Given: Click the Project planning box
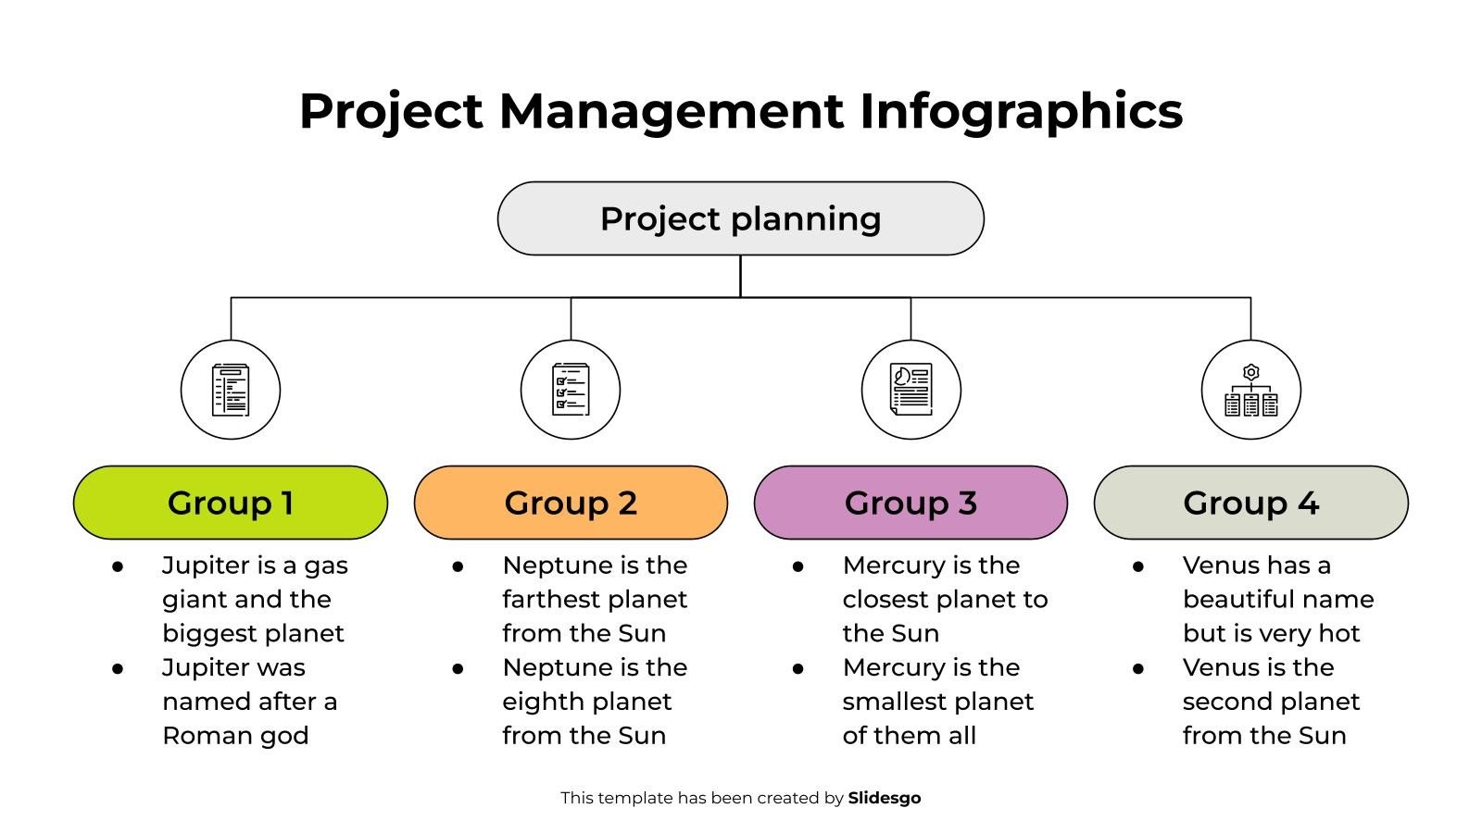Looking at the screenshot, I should pyautogui.click(x=740, y=218).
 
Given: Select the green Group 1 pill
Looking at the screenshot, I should pyautogui.click(x=230, y=503).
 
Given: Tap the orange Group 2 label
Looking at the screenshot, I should pyautogui.click(x=571, y=503).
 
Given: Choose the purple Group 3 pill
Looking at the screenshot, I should pyautogui.click(x=911, y=503).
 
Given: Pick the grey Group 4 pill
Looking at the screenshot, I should pyautogui.click(x=1250, y=503).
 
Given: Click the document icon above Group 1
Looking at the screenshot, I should pyautogui.click(x=231, y=390).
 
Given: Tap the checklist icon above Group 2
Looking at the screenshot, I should pyautogui.click(x=571, y=390).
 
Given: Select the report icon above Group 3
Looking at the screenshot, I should pyautogui.click(x=911, y=390).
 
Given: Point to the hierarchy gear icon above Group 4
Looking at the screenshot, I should pyautogui.click(x=1250, y=390).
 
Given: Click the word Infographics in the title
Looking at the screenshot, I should pyautogui.click(x=1021, y=111).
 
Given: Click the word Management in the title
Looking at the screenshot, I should pyautogui.click(x=671, y=111).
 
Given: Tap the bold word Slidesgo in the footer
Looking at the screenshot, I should pyautogui.click(x=884, y=798).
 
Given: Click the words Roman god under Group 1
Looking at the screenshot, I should pyautogui.click(x=235, y=736).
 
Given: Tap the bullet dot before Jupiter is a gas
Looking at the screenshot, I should pyautogui.click(x=118, y=566).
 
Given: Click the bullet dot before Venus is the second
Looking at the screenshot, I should pyautogui.click(x=1138, y=668).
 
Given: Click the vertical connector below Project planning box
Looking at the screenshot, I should pyautogui.click(x=740, y=276).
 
